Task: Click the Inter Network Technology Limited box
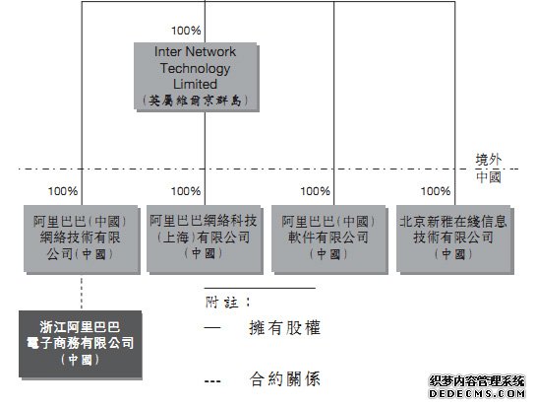[x=197, y=77]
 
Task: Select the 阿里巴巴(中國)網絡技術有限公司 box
[x=82, y=239]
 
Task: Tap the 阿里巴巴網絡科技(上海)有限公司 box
[x=205, y=239]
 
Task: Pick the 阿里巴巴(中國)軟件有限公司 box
[x=329, y=239]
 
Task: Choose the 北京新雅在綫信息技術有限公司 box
[x=455, y=239]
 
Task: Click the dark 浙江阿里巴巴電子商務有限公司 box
[x=81, y=344]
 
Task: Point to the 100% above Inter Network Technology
[x=186, y=31]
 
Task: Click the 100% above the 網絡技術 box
[x=63, y=191]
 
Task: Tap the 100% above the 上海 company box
[x=186, y=191]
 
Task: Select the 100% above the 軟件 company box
[x=315, y=191]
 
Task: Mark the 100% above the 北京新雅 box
[x=436, y=191]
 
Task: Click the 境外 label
[x=489, y=160]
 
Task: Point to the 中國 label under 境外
[x=489, y=177]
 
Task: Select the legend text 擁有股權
[x=285, y=328]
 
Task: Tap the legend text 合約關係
[x=285, y=378]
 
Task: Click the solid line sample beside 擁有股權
[x=212, y=328]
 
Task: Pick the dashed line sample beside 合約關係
[x=212, y=381]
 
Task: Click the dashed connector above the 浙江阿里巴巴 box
[x=82, y=293]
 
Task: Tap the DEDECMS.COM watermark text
[x=477, y=393]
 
